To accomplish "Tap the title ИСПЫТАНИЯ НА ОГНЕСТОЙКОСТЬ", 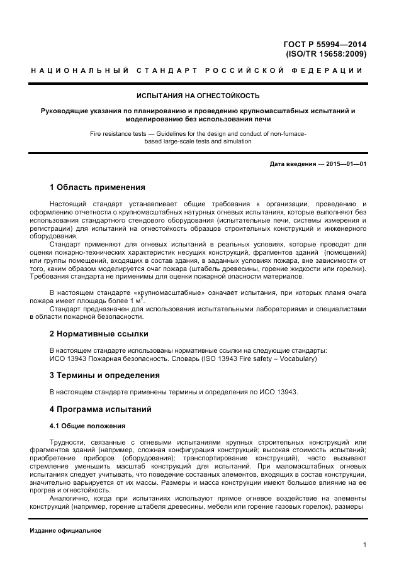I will (199, 96).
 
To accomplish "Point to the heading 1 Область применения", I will (98, 187).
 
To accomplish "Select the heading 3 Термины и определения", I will (104, 375).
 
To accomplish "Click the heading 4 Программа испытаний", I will (100, 409).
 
